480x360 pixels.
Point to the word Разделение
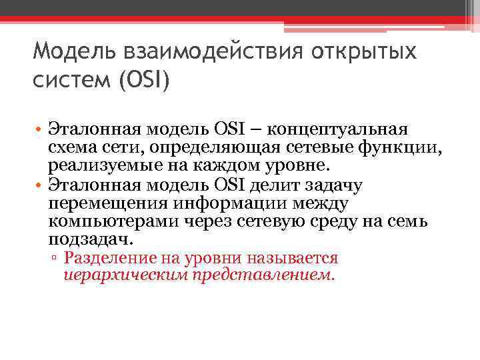point(111,258)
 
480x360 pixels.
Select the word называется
point(292,258)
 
